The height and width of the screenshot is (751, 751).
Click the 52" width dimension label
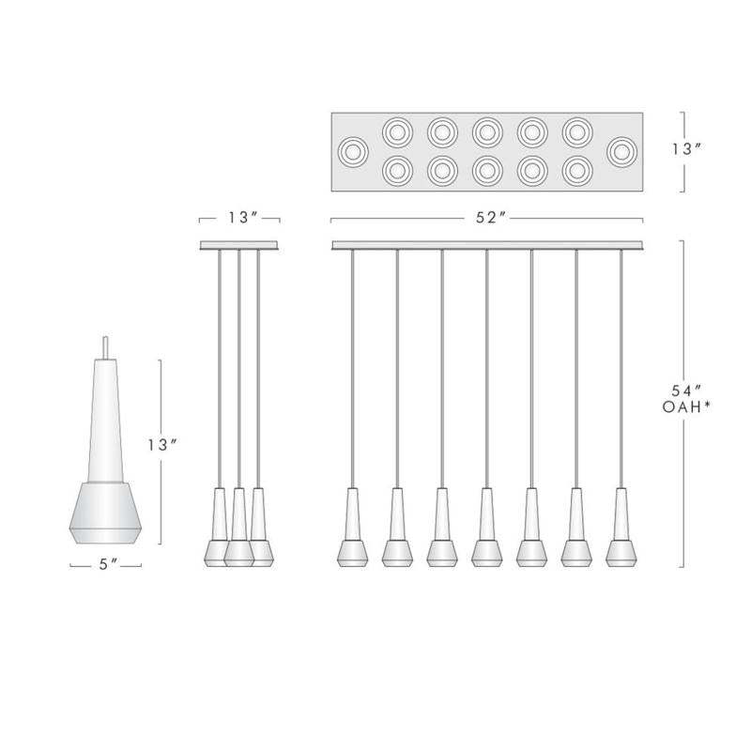tap(490, 218)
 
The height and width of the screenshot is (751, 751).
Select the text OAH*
tap(686, 407)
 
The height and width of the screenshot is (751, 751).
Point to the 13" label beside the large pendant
tap(162, 445)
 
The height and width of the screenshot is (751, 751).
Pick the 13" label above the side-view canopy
tap(243, 218)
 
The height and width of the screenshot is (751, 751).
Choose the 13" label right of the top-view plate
tap(686, 149)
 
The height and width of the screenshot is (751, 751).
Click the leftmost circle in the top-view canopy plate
tap(354, 152)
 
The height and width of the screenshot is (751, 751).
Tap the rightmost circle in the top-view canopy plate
tap(621, 152)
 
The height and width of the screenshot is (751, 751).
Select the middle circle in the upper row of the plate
tap(487, 132)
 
